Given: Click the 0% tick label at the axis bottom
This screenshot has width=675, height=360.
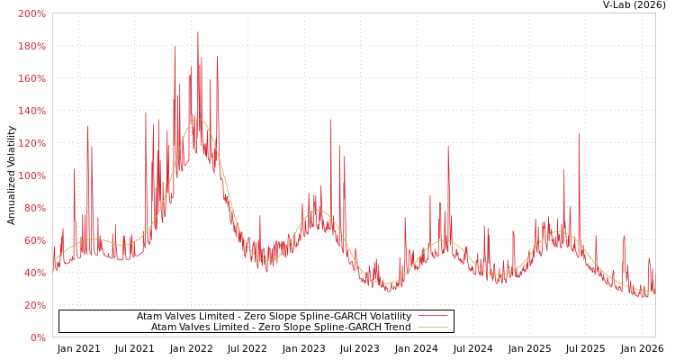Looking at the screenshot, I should pos(38,337).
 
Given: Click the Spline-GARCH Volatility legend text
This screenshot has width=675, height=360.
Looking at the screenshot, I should pos(274,317).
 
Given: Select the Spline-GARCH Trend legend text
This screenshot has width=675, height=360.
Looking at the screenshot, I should pos(281,328).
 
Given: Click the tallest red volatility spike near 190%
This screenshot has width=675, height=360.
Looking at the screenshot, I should pos(198,33).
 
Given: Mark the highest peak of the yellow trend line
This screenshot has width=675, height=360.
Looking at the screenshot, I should pos(198,118).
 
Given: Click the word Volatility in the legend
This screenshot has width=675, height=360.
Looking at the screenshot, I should pos(390,317).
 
